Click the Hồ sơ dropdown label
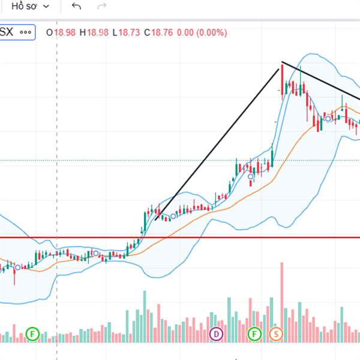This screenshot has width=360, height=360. pyautogui.click(x=25, y=6)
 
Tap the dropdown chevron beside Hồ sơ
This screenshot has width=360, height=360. pyautogui.click(x=47, y=6)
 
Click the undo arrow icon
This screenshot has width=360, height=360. pyautogui.click(x=76, y=6)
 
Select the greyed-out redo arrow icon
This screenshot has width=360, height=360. pyautogui.click(x=102, y=6)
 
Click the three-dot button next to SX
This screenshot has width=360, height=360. pyautogui.click(x=25, y=32)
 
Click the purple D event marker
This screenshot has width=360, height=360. pyautogui.click(x=216, y=333)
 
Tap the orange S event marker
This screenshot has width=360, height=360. pyautogui.click(x=276, y=333)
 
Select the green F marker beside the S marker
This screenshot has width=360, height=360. pyautogui.click(x=255, y=333)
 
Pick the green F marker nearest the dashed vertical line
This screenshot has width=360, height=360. pyautogui.click(x=32, y=333)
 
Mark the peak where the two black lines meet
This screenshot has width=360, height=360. pyautogui.click(x=282, y=62)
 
